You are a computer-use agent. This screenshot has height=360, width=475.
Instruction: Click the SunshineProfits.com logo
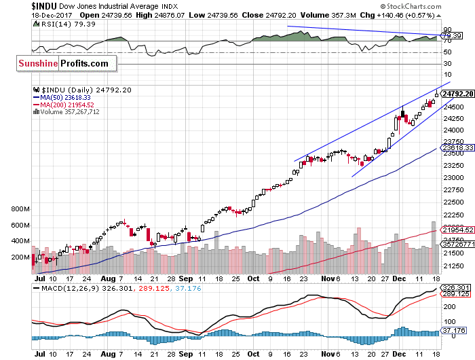pyautogui.click(x=62, y=63)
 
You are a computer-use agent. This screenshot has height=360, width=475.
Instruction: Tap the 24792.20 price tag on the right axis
pyautogui.click(x=457, y=94)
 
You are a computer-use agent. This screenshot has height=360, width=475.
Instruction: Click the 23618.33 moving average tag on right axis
pyautogui.click(x=457, y=147)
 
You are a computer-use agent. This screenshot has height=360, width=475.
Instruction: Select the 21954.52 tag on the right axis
pyautogui.click(x=457, y=230)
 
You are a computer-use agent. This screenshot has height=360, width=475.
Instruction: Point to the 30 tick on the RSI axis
pyautogui.click(x=449, y=64)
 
